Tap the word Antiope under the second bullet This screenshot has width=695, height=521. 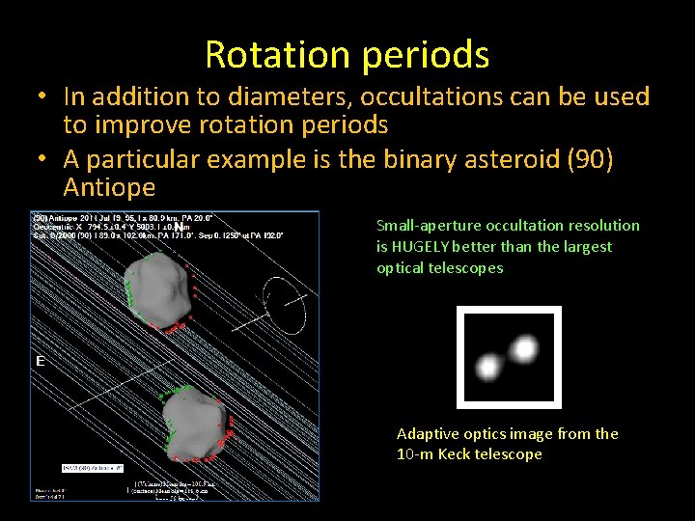(x=109, y=186)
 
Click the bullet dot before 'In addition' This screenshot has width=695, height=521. (x=43, y=98)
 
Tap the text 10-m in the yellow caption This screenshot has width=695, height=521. (x=413, y=454)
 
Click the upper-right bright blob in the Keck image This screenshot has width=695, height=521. (x=523, y=347)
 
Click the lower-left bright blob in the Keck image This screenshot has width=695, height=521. (x=489, y=366)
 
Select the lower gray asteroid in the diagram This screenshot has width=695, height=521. (x=194, y=423)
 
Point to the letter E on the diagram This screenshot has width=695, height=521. (x=40, y=361)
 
